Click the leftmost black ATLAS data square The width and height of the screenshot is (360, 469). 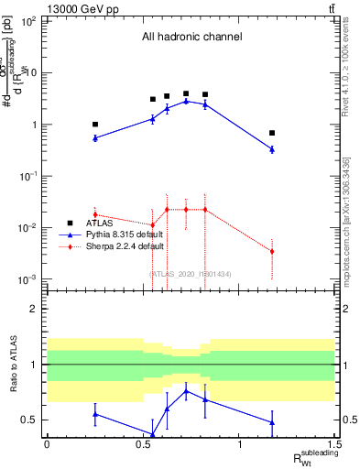tap(95, 124)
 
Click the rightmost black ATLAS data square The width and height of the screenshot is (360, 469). tap(272, 133)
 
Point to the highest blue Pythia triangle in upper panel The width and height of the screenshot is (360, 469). tap(186, 101)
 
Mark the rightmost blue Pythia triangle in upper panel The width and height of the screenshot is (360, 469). tap(272, 149)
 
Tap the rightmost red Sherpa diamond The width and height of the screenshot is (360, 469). tap(272, 251)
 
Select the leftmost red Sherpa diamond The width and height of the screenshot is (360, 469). tap(95, 214)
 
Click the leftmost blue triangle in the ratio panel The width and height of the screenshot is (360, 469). tap(95, 414)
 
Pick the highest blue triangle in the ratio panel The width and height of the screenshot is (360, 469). tap(186, 391)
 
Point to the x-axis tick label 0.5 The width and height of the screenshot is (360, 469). tap(143, 445)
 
